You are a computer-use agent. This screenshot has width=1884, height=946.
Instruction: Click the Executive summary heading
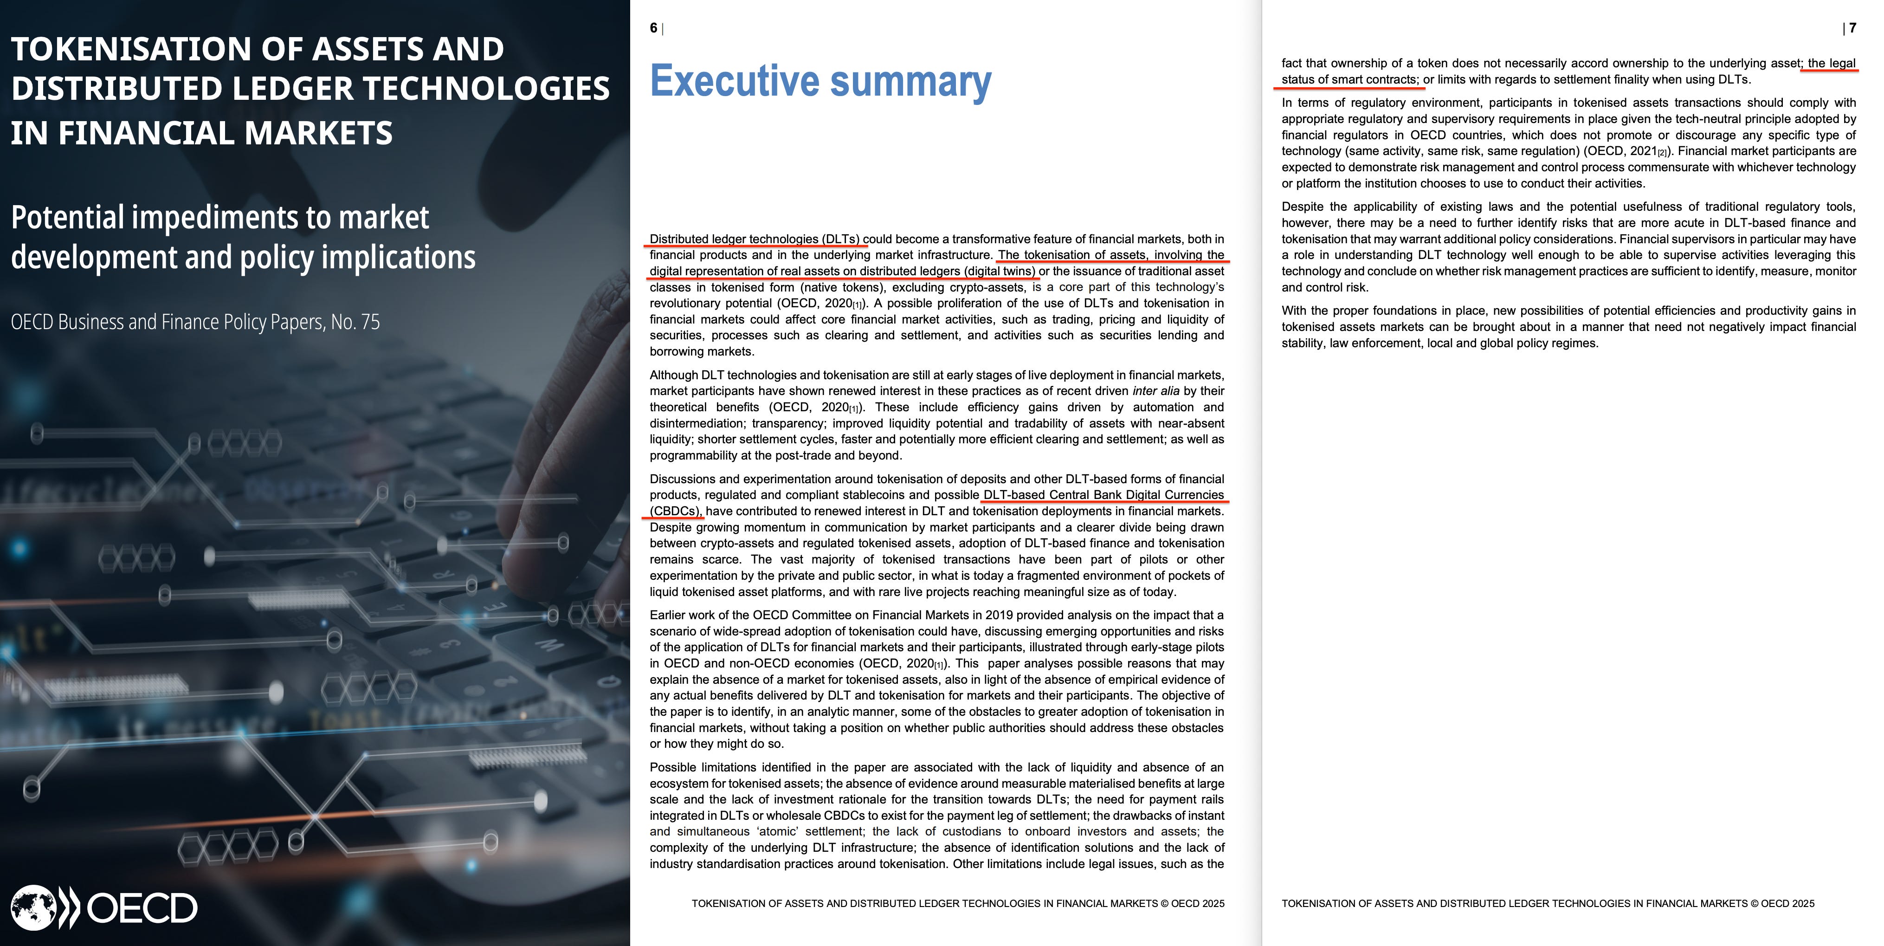click(x=820, y=81)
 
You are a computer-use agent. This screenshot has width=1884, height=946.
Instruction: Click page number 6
click(x=653, y=28)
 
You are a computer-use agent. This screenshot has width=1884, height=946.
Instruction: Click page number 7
click(x=1852, y=28)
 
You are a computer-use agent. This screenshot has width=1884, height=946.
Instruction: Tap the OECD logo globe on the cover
click(x=33, y=908)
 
